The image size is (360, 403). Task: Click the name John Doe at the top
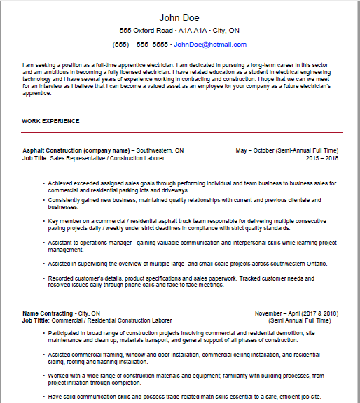point(179,17)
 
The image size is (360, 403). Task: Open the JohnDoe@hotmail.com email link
point(209,45)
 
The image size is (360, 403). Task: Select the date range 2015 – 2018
point(322,158)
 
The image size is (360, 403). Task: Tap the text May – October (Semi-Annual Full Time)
point(287,150)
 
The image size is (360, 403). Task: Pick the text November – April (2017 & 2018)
point(296,313)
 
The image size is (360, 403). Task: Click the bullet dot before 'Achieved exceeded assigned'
point(43,183)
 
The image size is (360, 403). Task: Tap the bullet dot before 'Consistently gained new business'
point(43,201)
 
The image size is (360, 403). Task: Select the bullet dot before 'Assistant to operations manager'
point(43,243)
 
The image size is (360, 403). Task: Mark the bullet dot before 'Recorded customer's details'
point(43,279)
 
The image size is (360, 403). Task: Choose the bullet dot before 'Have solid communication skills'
point(43,396)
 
